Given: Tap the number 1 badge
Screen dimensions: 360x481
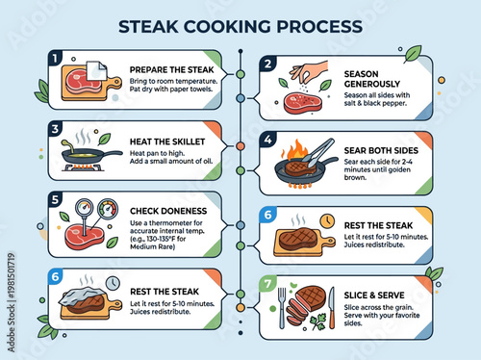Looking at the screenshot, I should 56,59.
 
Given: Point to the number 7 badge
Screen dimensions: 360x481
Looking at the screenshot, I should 268,286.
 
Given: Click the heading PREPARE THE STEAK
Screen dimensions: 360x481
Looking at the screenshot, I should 158,67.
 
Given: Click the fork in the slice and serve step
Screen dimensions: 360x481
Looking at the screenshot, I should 282,306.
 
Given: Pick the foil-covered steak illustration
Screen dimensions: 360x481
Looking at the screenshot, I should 83,302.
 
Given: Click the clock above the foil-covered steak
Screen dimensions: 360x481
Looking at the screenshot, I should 113,282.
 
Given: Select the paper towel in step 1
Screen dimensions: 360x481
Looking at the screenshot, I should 96,68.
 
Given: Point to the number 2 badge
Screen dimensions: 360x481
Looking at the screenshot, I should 268,64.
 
